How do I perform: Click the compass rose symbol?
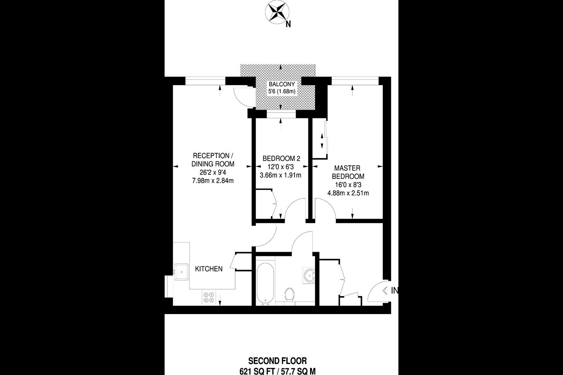(277, 12)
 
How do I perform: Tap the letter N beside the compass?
(288, 24)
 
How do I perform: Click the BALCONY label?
(281, 84)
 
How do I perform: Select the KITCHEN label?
(209, 269)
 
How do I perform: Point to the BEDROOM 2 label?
(281, 159)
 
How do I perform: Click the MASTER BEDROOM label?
(348, 172)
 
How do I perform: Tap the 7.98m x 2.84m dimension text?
(213, 180)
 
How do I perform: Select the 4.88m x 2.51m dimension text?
(348, 193)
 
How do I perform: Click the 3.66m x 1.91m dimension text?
(280, 175)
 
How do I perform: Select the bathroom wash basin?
(309, 275)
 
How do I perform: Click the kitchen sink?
(181, 272)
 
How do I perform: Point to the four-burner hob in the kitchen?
(209, 297)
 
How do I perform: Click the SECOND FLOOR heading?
(278, 361)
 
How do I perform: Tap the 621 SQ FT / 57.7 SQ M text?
(278, 371)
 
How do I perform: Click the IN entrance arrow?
(385, 291)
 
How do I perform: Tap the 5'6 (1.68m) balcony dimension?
(281, 91)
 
